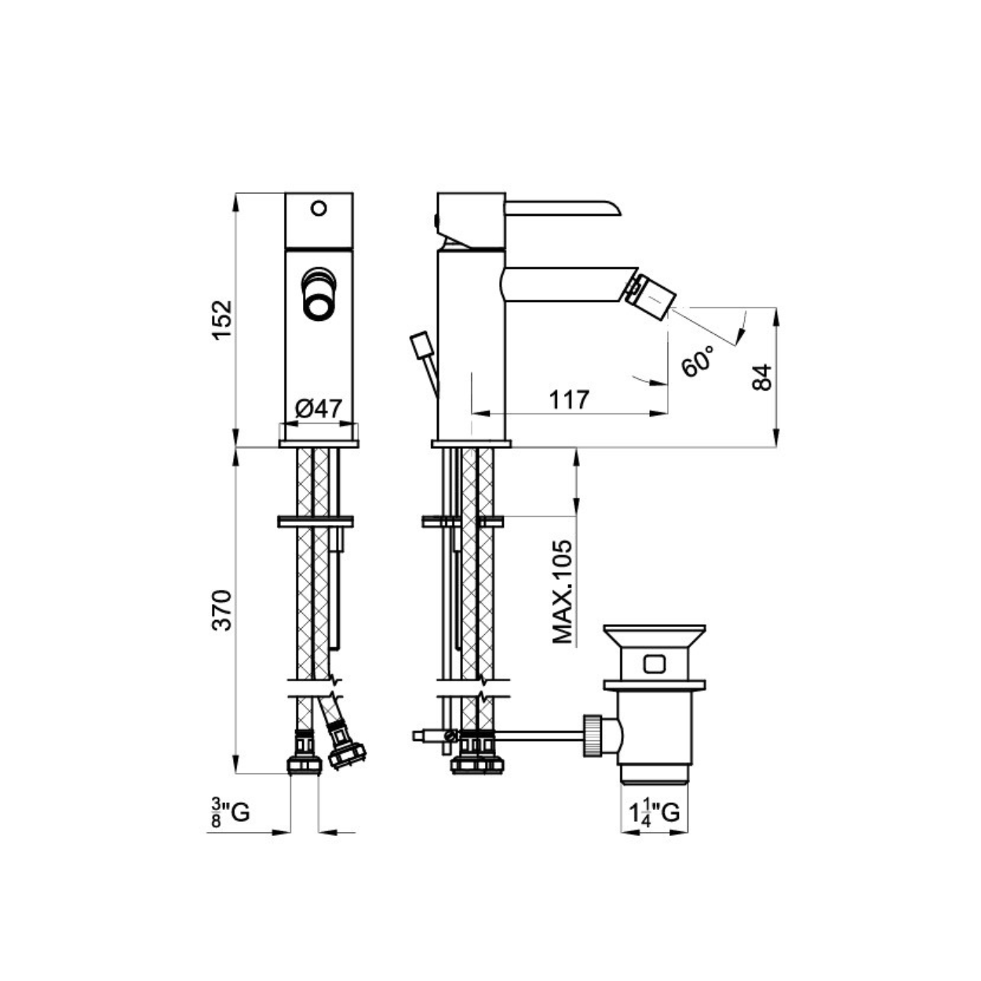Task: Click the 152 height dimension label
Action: coord(222,319)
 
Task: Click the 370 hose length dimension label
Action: coord(222,611)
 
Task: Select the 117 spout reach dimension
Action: coord(569,399)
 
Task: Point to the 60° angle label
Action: coord(698,360)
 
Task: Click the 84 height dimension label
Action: coord(761,377)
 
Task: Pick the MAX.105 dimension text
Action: coord(562,592)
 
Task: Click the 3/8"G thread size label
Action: coord(231,813)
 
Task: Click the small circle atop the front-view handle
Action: coord(319,208)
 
